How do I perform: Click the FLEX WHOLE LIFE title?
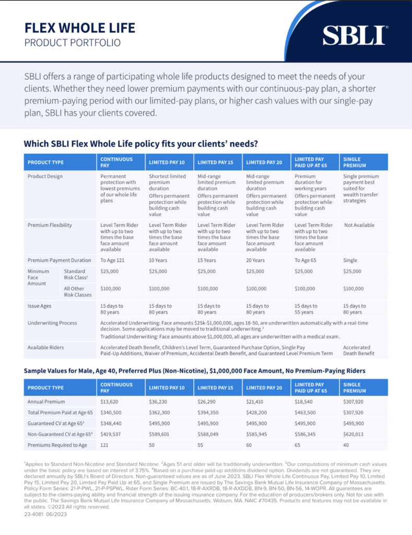[x=79, y=27]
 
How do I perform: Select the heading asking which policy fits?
[x=140, y=143]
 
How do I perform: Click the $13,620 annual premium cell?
[x=109, y=402]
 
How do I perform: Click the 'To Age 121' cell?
[x=114, y=260]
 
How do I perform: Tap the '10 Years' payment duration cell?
[x=160, y=260]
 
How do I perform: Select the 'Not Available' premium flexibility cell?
[x=359, y=225]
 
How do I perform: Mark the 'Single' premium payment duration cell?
[x=350, y=260]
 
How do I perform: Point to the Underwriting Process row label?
[x=52, y=323]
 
